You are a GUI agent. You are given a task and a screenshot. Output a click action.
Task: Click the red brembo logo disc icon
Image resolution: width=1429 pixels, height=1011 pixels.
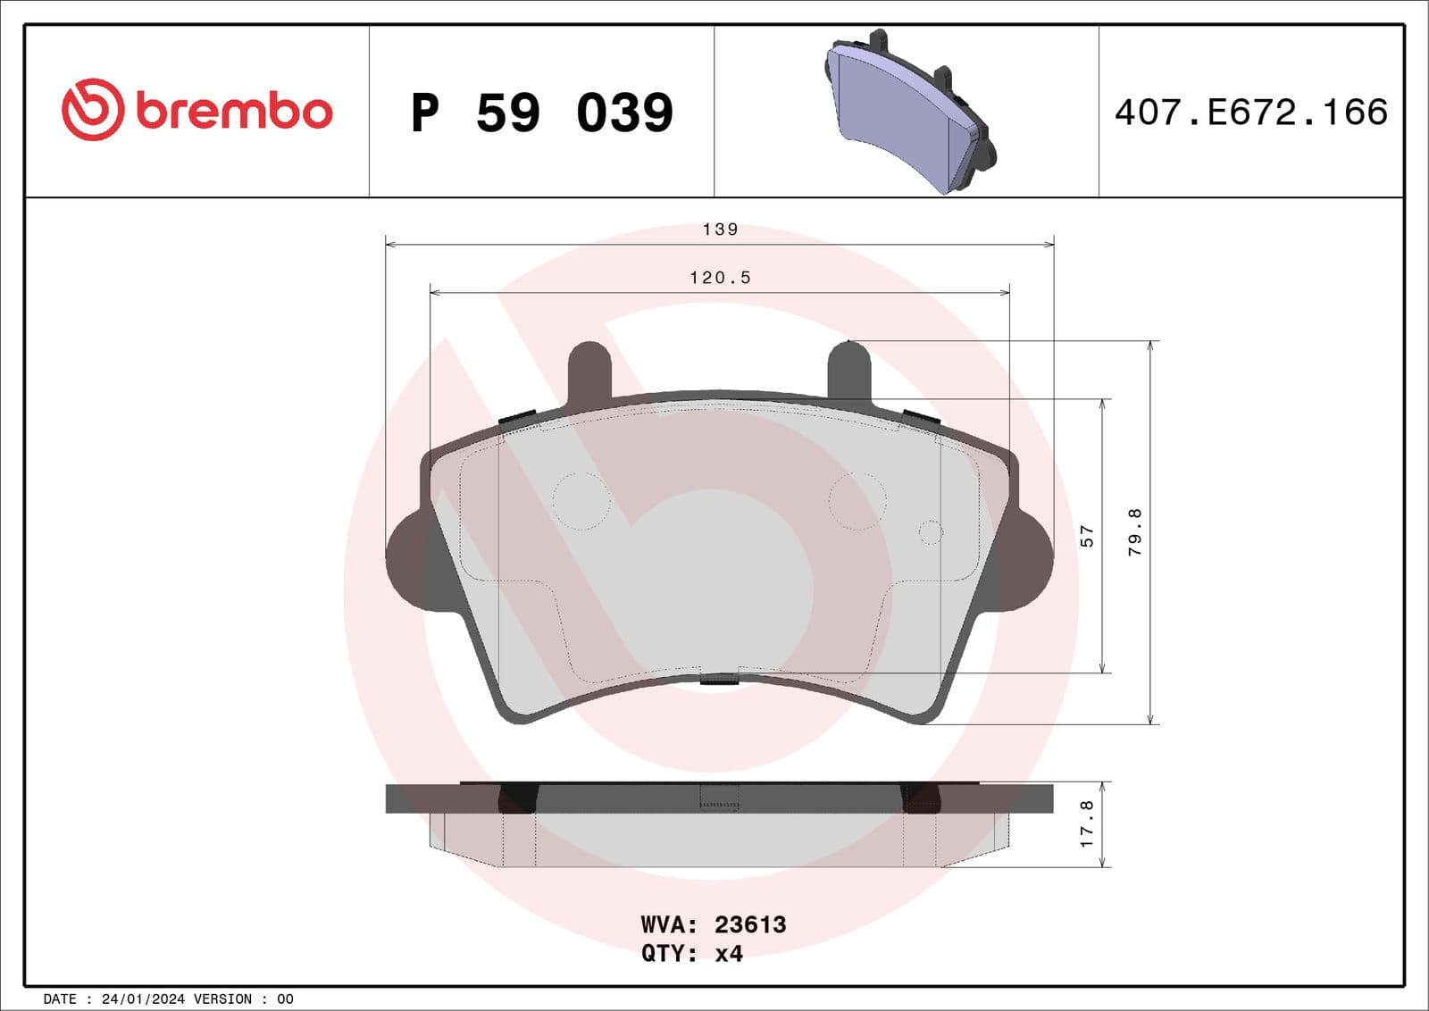[92, 109]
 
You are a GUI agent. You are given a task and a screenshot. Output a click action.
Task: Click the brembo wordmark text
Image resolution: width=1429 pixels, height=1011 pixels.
[234, 111]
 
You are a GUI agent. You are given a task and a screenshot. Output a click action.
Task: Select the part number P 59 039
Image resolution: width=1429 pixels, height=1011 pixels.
[541, 113]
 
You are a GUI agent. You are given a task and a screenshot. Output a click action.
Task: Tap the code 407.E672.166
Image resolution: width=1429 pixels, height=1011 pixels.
[1250, 113]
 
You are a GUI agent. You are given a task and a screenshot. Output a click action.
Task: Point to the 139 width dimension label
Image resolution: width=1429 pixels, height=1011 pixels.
[720, 230]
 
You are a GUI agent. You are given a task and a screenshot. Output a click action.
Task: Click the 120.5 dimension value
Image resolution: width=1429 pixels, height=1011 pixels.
[720, 278]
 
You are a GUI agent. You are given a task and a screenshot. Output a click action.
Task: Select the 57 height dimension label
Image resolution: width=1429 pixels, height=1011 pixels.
[1087, 536]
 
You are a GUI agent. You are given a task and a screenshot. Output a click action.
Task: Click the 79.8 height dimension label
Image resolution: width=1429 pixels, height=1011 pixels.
[1135, 532]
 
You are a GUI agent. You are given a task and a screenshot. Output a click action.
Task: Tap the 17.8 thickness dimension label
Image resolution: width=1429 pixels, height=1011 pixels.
[1087, 823]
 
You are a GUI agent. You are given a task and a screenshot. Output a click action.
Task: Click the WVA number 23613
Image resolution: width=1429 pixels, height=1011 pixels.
[750, 924]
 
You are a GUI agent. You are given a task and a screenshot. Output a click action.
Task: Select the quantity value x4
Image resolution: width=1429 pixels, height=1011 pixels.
[729, 954]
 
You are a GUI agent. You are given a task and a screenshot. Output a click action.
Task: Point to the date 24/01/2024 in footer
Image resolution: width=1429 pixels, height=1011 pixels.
[143, 999]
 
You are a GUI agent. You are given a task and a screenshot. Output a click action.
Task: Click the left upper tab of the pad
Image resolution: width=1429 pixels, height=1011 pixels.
[589, 371]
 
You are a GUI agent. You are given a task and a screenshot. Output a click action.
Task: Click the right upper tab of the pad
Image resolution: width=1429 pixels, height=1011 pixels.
[848, 371]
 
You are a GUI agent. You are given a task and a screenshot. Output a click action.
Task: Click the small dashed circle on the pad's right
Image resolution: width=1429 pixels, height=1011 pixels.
[931, 532]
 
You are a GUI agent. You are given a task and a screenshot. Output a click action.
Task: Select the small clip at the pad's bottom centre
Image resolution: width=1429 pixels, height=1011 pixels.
[719, 681]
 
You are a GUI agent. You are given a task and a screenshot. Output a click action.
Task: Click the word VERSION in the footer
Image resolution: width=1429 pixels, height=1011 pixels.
[223, 999]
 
